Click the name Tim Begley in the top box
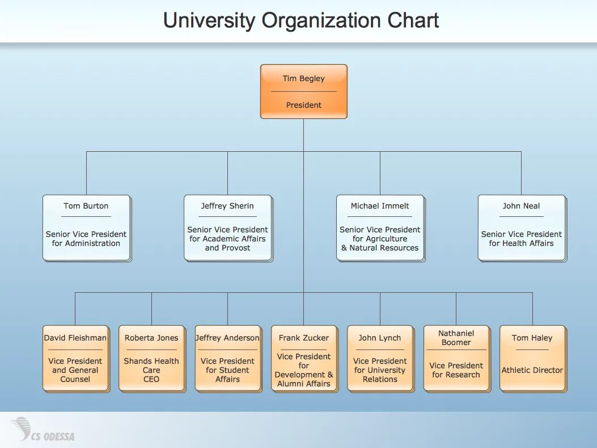[x=303, y=79]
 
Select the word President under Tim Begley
[x=303, y=105]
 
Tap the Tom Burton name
[x=86, y=206]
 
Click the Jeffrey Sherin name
[x=227, y=206]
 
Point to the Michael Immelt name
[x=380, y=206]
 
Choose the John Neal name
[x=521, y=206]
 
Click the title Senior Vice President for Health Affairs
[x=521, y=238]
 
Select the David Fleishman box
[x=75, y=358]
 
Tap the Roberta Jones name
[x=151, y=338]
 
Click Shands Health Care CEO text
[x=151, y=370]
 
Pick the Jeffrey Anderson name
[x=227, y=338]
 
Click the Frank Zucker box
[x=304, y=358]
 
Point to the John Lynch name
[x=380, y=338]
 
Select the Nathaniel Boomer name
[x=456, y=338]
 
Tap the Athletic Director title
[x=532, y=370]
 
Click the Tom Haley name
[x=532, y=338]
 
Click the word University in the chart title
[x=209, y=21]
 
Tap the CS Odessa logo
[x=43, y=430]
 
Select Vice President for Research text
[x=456, y=370]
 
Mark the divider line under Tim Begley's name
[x=303, y=92]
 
